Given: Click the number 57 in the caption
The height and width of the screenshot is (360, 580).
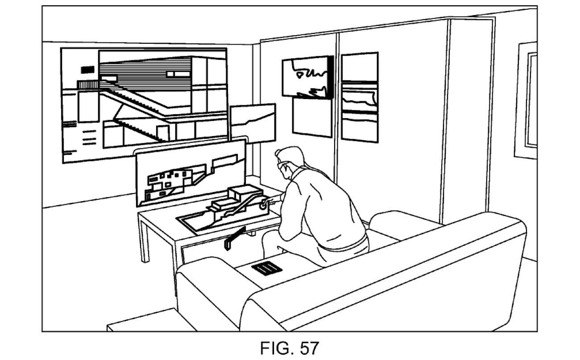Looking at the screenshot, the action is pyautogui.click(x=310, y=348).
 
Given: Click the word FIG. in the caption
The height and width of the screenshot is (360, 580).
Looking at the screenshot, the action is pyautogui.click(x=277, y=348).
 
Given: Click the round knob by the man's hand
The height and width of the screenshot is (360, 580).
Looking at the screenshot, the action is pyautogui.click(x=263, y=206).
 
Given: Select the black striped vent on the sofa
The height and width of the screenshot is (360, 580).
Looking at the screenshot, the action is pyautogui.click(x=267, y=269).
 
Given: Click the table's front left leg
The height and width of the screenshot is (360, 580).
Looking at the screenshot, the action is pyautogui.click(x=144, y=238).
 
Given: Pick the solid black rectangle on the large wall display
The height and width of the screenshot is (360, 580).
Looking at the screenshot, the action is pyautogui.click(x=87, y=70).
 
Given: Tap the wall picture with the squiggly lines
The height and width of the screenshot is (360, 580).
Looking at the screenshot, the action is pyautogui.click(x=307, y=77).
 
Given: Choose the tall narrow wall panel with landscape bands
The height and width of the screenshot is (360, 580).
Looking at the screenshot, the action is pyautogui.click(x=360, y=97).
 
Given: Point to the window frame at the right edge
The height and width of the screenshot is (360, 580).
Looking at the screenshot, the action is pyautogui.click(x=526, y=100).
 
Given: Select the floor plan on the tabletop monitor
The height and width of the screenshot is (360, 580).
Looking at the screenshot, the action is pyautogui.click(x=171, y=181).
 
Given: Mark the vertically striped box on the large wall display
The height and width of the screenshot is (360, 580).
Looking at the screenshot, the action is pyautogui.click(x=87, y=85).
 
